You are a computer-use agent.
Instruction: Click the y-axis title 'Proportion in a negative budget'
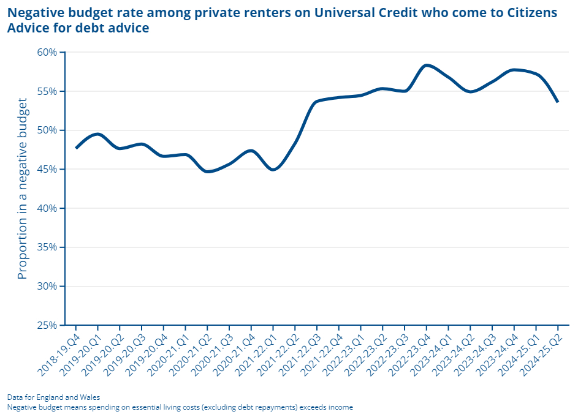(x=23, y=188)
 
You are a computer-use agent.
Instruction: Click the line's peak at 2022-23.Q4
(x=427, y=65)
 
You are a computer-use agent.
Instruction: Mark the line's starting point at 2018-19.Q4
(x=76, y=148)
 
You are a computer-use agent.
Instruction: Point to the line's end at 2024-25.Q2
(x=557, y=102)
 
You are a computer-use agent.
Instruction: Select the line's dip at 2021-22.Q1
(x=273, y=170)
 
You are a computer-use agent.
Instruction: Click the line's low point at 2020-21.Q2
(x=208, y=171)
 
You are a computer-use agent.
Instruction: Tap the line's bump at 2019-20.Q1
(x=98, y=134)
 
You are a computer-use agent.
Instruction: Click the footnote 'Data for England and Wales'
(x=53, y=397)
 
